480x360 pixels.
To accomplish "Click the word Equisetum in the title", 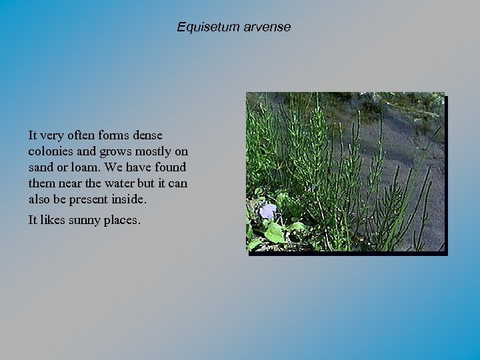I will [203, 27].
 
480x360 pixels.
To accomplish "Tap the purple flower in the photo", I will [267, 212].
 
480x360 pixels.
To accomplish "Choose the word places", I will [122, 220].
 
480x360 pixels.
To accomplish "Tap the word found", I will [170, 167].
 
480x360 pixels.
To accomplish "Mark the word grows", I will [116, 151].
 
